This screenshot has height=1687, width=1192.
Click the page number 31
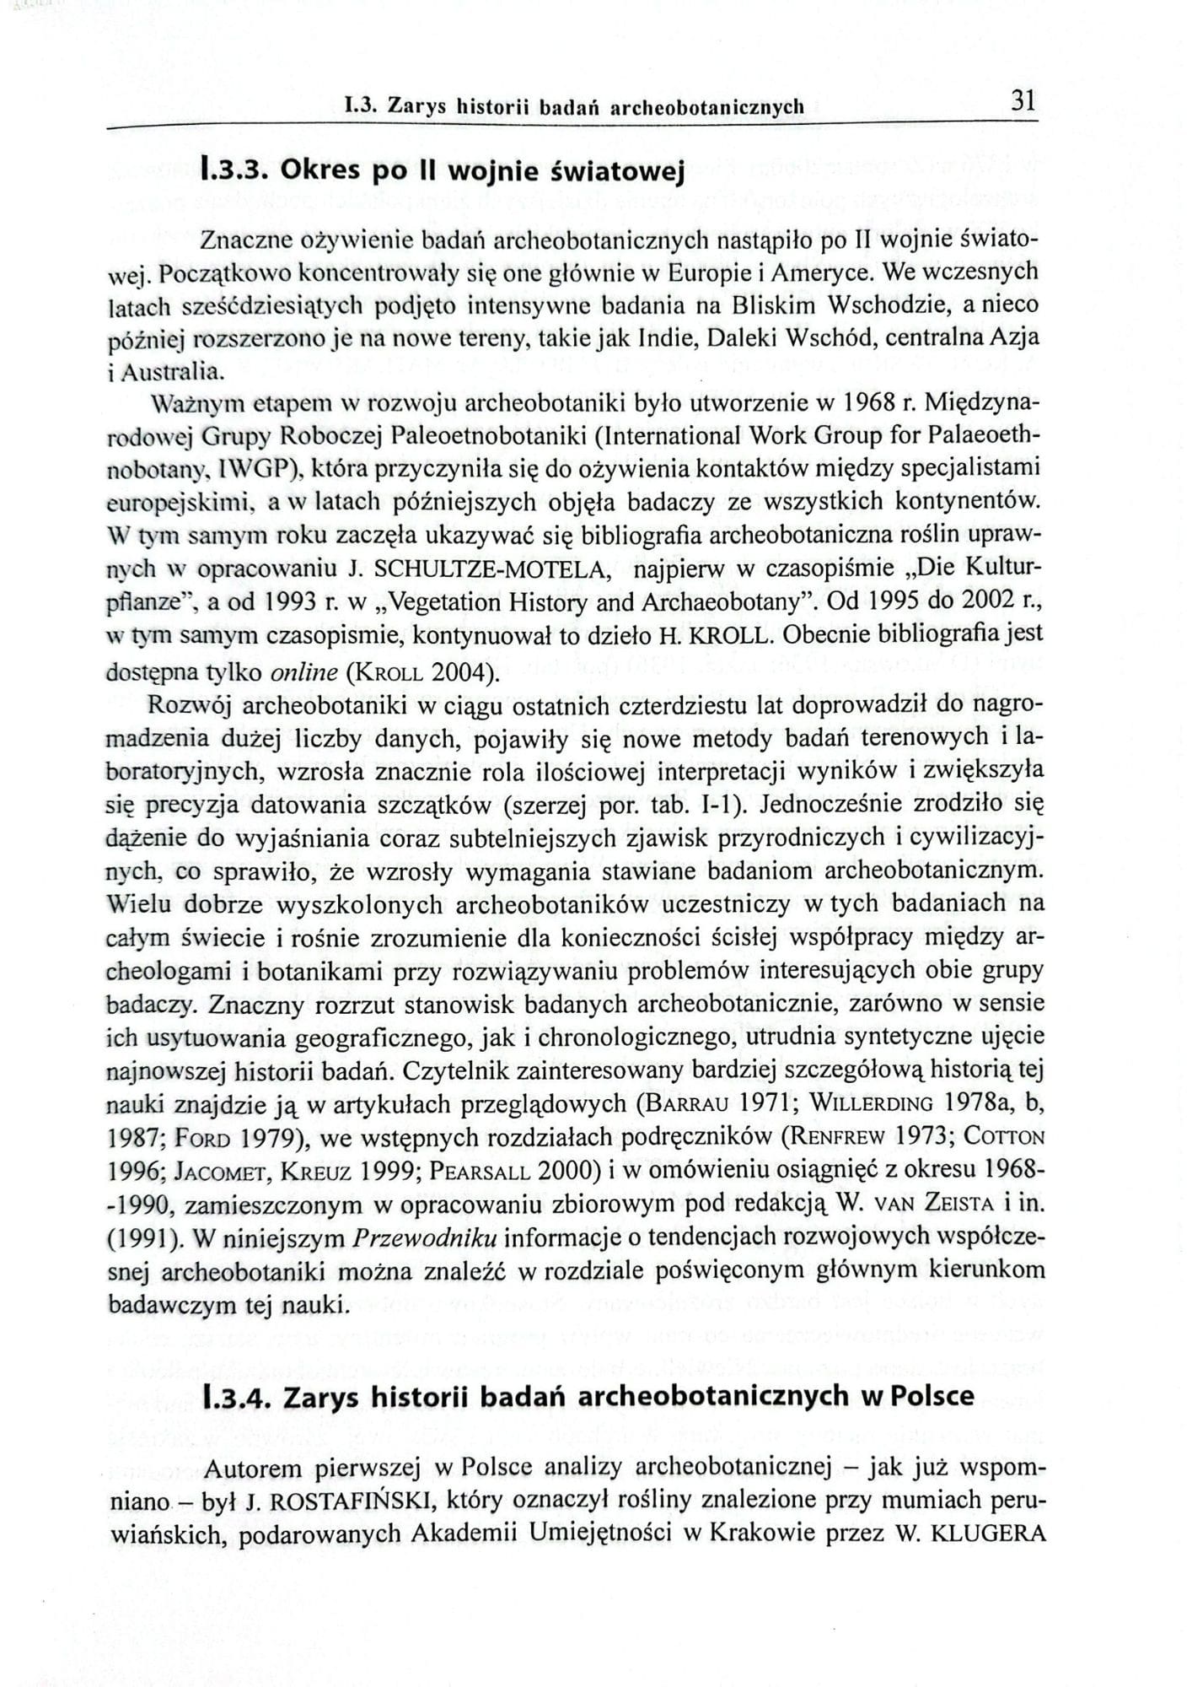click(1022, 101)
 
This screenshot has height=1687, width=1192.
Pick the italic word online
click(303, 672)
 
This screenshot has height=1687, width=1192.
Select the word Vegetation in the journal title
click(456, 603)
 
